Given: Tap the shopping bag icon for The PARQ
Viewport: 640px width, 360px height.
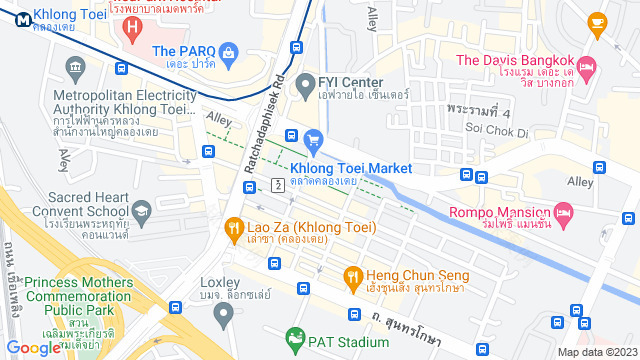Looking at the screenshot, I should [229, 51].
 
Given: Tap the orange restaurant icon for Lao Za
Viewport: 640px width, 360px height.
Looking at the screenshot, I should [233, 227].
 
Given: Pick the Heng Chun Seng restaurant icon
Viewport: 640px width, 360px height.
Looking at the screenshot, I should [352, 275].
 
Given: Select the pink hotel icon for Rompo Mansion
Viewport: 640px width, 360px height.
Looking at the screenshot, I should [563, 212].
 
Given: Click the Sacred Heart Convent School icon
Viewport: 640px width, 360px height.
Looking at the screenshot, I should [142, 211].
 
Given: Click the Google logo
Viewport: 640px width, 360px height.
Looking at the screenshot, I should [33, 347].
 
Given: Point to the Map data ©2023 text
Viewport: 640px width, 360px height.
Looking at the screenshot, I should [596, 352].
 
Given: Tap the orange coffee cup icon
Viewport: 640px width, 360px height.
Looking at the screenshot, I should [597, 21].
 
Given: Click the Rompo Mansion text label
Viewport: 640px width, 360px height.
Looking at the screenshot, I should [499, 212].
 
